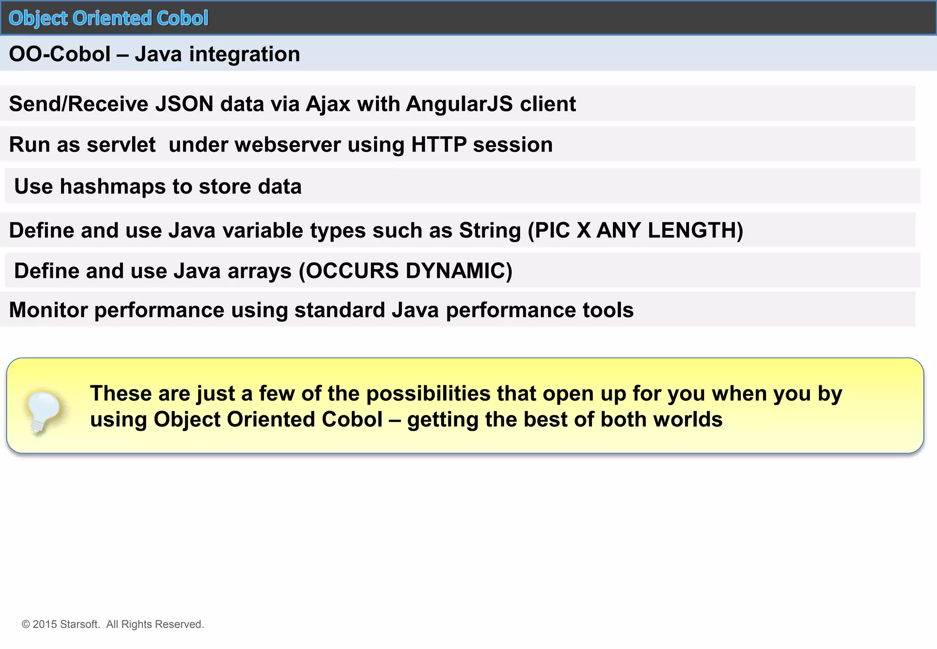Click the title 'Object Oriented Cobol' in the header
click(108, 18)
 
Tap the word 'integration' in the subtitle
click(244, 54)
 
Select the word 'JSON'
click(184, 104)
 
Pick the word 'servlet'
click(121, 145)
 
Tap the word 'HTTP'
click(439, 145)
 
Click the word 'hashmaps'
click(113, 186)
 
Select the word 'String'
click(490, 230)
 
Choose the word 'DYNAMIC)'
click(459, 271)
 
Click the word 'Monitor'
click(48, 310)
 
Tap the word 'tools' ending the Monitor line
click(608, 310)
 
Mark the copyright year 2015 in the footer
click(45, 624)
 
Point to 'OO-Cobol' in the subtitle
click(59, 54)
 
